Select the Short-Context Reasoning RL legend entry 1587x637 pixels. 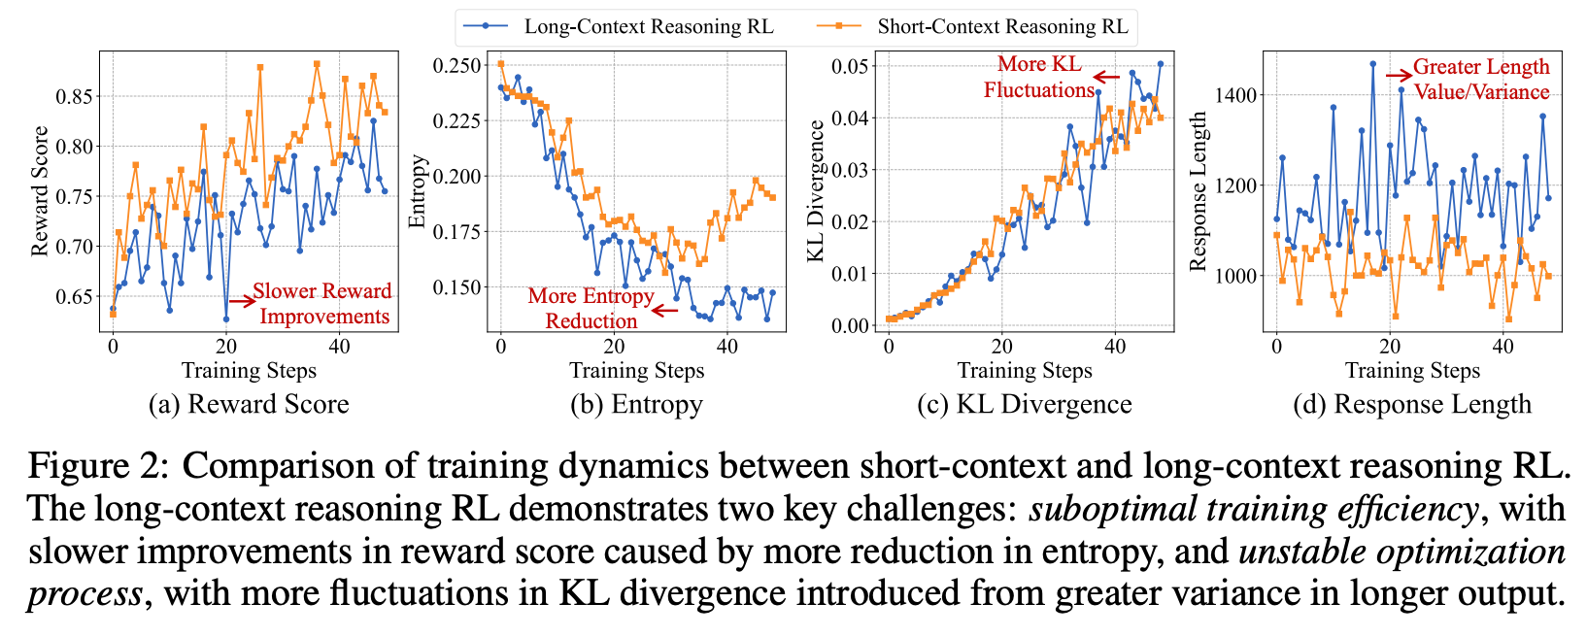tap(1001, 26)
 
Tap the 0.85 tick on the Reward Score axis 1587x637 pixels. tap(75, 96)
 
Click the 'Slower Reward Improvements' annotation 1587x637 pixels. tap(322, 303)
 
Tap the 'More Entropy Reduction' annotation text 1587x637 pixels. tap(591, 308)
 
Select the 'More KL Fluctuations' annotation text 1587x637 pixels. tap(1038, 77)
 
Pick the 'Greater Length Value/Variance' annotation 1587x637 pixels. tap(1480, 79)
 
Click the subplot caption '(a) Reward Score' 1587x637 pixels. tap(249, 404)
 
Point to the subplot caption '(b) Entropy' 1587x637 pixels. tap(636, 404)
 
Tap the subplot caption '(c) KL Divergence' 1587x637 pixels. tap(1024, 404)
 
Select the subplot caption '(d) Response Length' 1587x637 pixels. tap(1412, 404)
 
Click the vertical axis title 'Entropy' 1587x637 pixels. tap(418, 191)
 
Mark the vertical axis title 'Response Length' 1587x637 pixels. tap(1198, 191)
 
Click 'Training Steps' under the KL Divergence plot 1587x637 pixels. tap(1025, 371)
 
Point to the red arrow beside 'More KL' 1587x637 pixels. tap(1105, 77)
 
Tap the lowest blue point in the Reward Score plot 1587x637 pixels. tap(226, 318)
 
